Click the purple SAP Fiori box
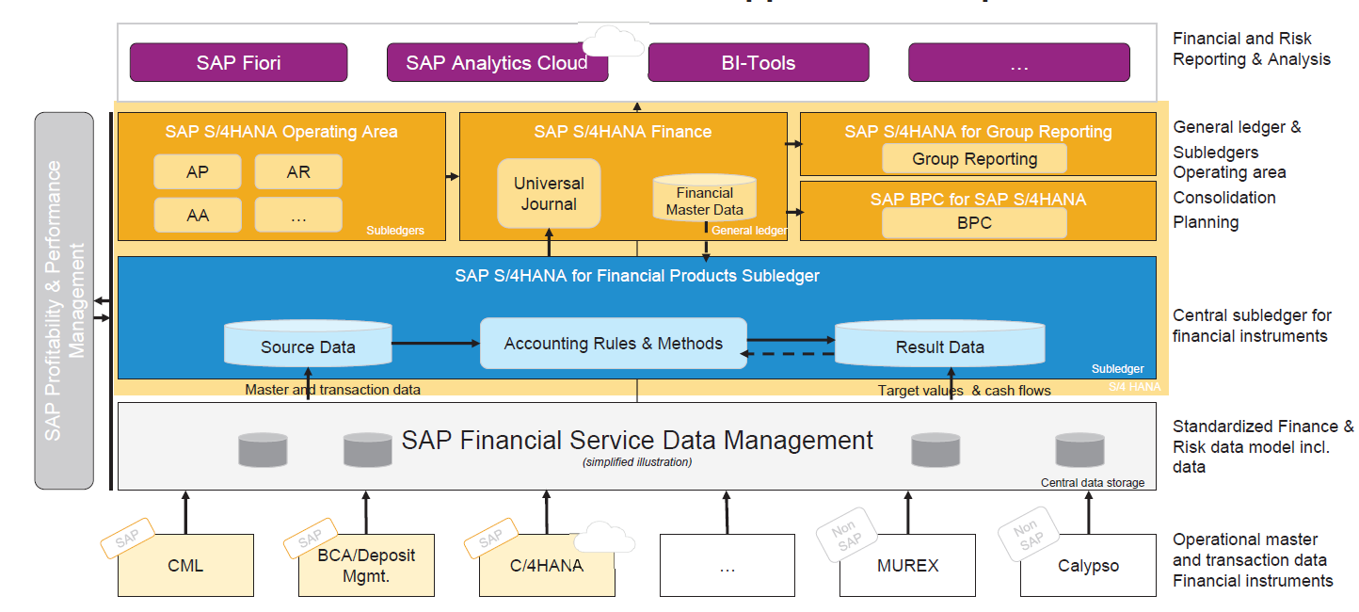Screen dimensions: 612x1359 pos(238,63)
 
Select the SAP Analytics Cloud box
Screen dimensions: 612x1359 pos(497,63)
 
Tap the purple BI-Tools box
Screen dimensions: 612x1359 pos(758,63)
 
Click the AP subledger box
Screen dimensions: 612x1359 pos(198,172)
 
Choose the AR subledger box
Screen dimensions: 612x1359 pos(298,172)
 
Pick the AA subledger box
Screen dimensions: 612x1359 pos(198,215)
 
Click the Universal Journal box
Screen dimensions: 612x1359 pos(549,194)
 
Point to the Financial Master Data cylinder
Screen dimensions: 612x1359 pos(704,199)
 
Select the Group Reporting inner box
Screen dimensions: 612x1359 pos(974,159)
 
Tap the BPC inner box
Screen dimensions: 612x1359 pos(974,223)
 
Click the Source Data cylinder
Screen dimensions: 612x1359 pos(308,345)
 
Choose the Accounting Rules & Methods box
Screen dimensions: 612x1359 pos(613,344)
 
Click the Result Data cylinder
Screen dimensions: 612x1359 pos(939,345)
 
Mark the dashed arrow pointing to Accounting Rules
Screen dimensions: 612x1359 pos(789,355)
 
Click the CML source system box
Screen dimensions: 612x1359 pos(185,566)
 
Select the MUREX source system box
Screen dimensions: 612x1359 pos(907,566)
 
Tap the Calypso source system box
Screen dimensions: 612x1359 pos(1088,566)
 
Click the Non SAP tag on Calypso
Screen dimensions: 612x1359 pos(1027,535)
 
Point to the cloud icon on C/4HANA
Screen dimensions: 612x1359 pos(604,539)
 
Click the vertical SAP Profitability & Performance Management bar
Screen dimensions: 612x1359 pos(64,300)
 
